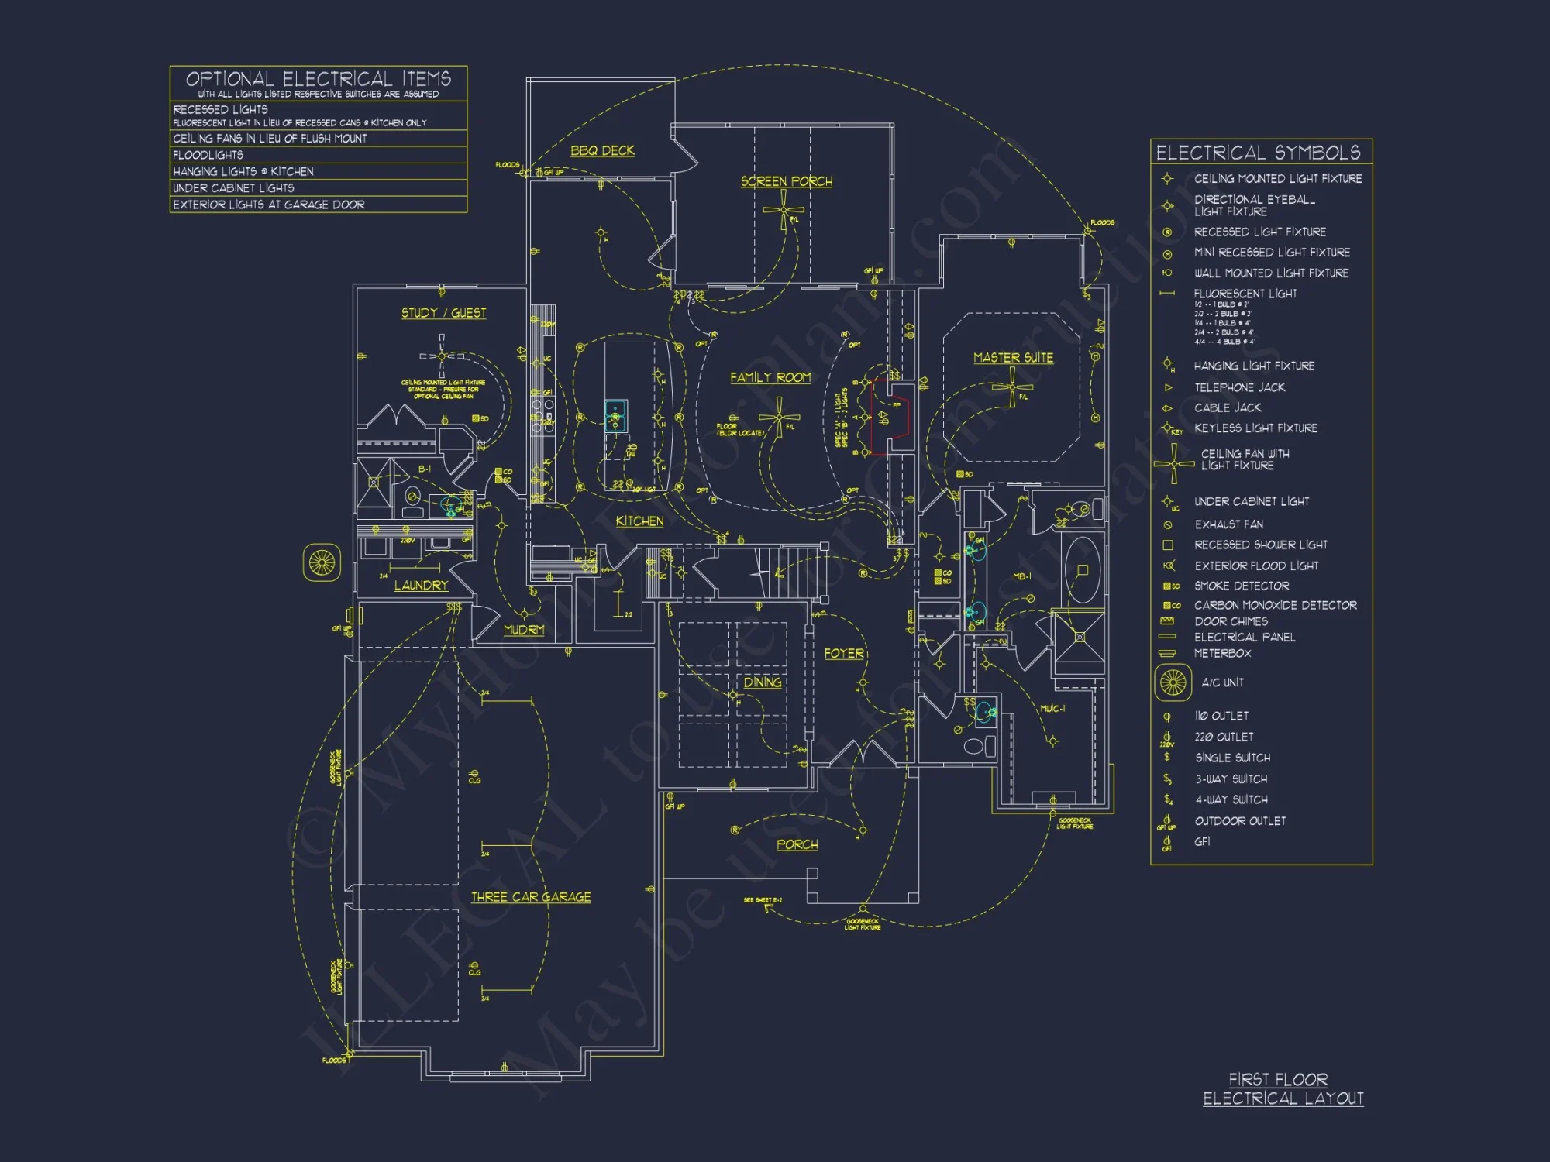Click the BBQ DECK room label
point(602,150)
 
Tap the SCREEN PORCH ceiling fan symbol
point(784,210)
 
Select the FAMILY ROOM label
point(770,377)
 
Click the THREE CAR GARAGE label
point(531,896)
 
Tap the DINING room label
point(763,682)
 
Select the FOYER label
point(844,653)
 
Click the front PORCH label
point(797,844)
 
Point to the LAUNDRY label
point(421,586)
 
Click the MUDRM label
point(524,630)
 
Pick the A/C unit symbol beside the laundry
point(322,562)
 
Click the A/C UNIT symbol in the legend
point(1173,682)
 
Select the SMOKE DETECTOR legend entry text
point(1242,586)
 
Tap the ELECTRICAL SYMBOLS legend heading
point(1258,153)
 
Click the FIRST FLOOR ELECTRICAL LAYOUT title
point(1283,1088)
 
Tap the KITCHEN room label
point(639,521)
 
